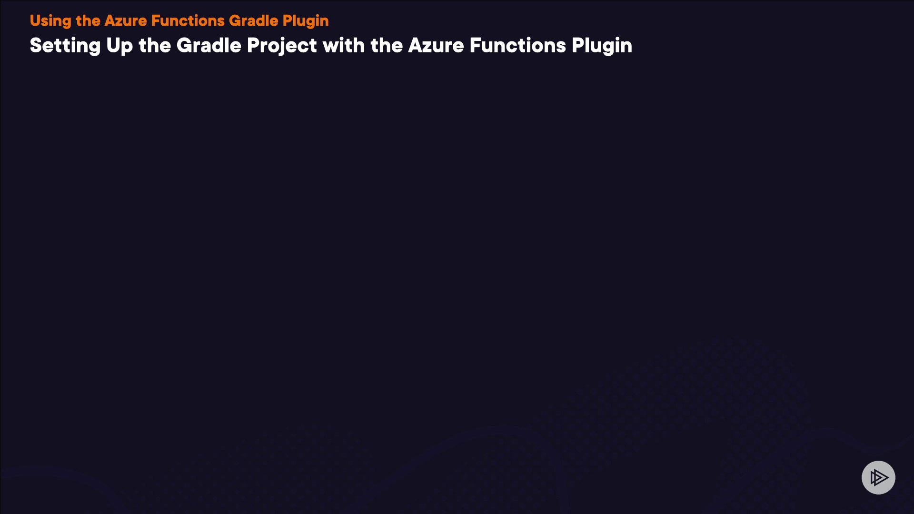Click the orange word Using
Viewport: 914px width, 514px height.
click(x=50, y=21)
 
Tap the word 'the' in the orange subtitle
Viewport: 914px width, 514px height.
click(x=88, y=21)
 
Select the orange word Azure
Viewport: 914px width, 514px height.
click(x=126, y=21)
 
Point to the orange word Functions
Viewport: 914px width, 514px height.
click(x=188, y=21)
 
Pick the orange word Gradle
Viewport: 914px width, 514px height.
click(x=254, y=21)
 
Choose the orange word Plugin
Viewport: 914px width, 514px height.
click(x=306, y=21)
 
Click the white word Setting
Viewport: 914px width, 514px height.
click(x=65, y=46)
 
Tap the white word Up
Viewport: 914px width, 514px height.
click(x=119, y=46)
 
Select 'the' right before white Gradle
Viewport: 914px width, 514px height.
click(x=155, y=46)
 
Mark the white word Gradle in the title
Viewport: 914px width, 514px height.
click(x=209, y=46)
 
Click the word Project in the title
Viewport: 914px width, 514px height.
click(x=282, y=46)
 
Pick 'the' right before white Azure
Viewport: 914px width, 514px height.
click(x=387, y=46)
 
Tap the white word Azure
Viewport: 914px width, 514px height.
click(x=436, y=46)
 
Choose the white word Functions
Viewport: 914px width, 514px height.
click(x=518, y=46)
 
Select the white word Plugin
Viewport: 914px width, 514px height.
click(x=602, y=46)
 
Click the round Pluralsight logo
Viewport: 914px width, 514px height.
click(x=878, y=477)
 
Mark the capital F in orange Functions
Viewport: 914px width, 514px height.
click(x=156, y=21)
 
